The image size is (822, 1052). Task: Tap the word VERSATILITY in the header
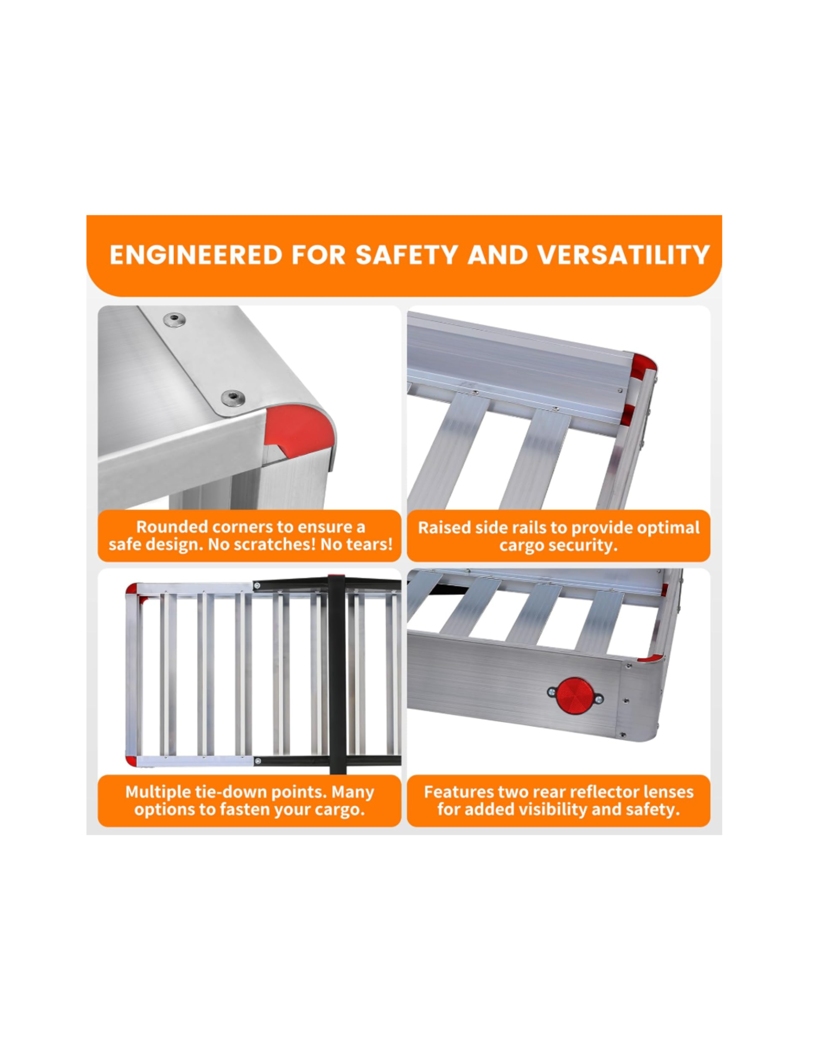tap(624, 255)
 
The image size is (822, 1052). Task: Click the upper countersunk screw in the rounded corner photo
tap(174, 321)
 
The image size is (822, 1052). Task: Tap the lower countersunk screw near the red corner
tap(233, 397)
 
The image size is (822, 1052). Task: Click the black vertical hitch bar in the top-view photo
tap(337, 674)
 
